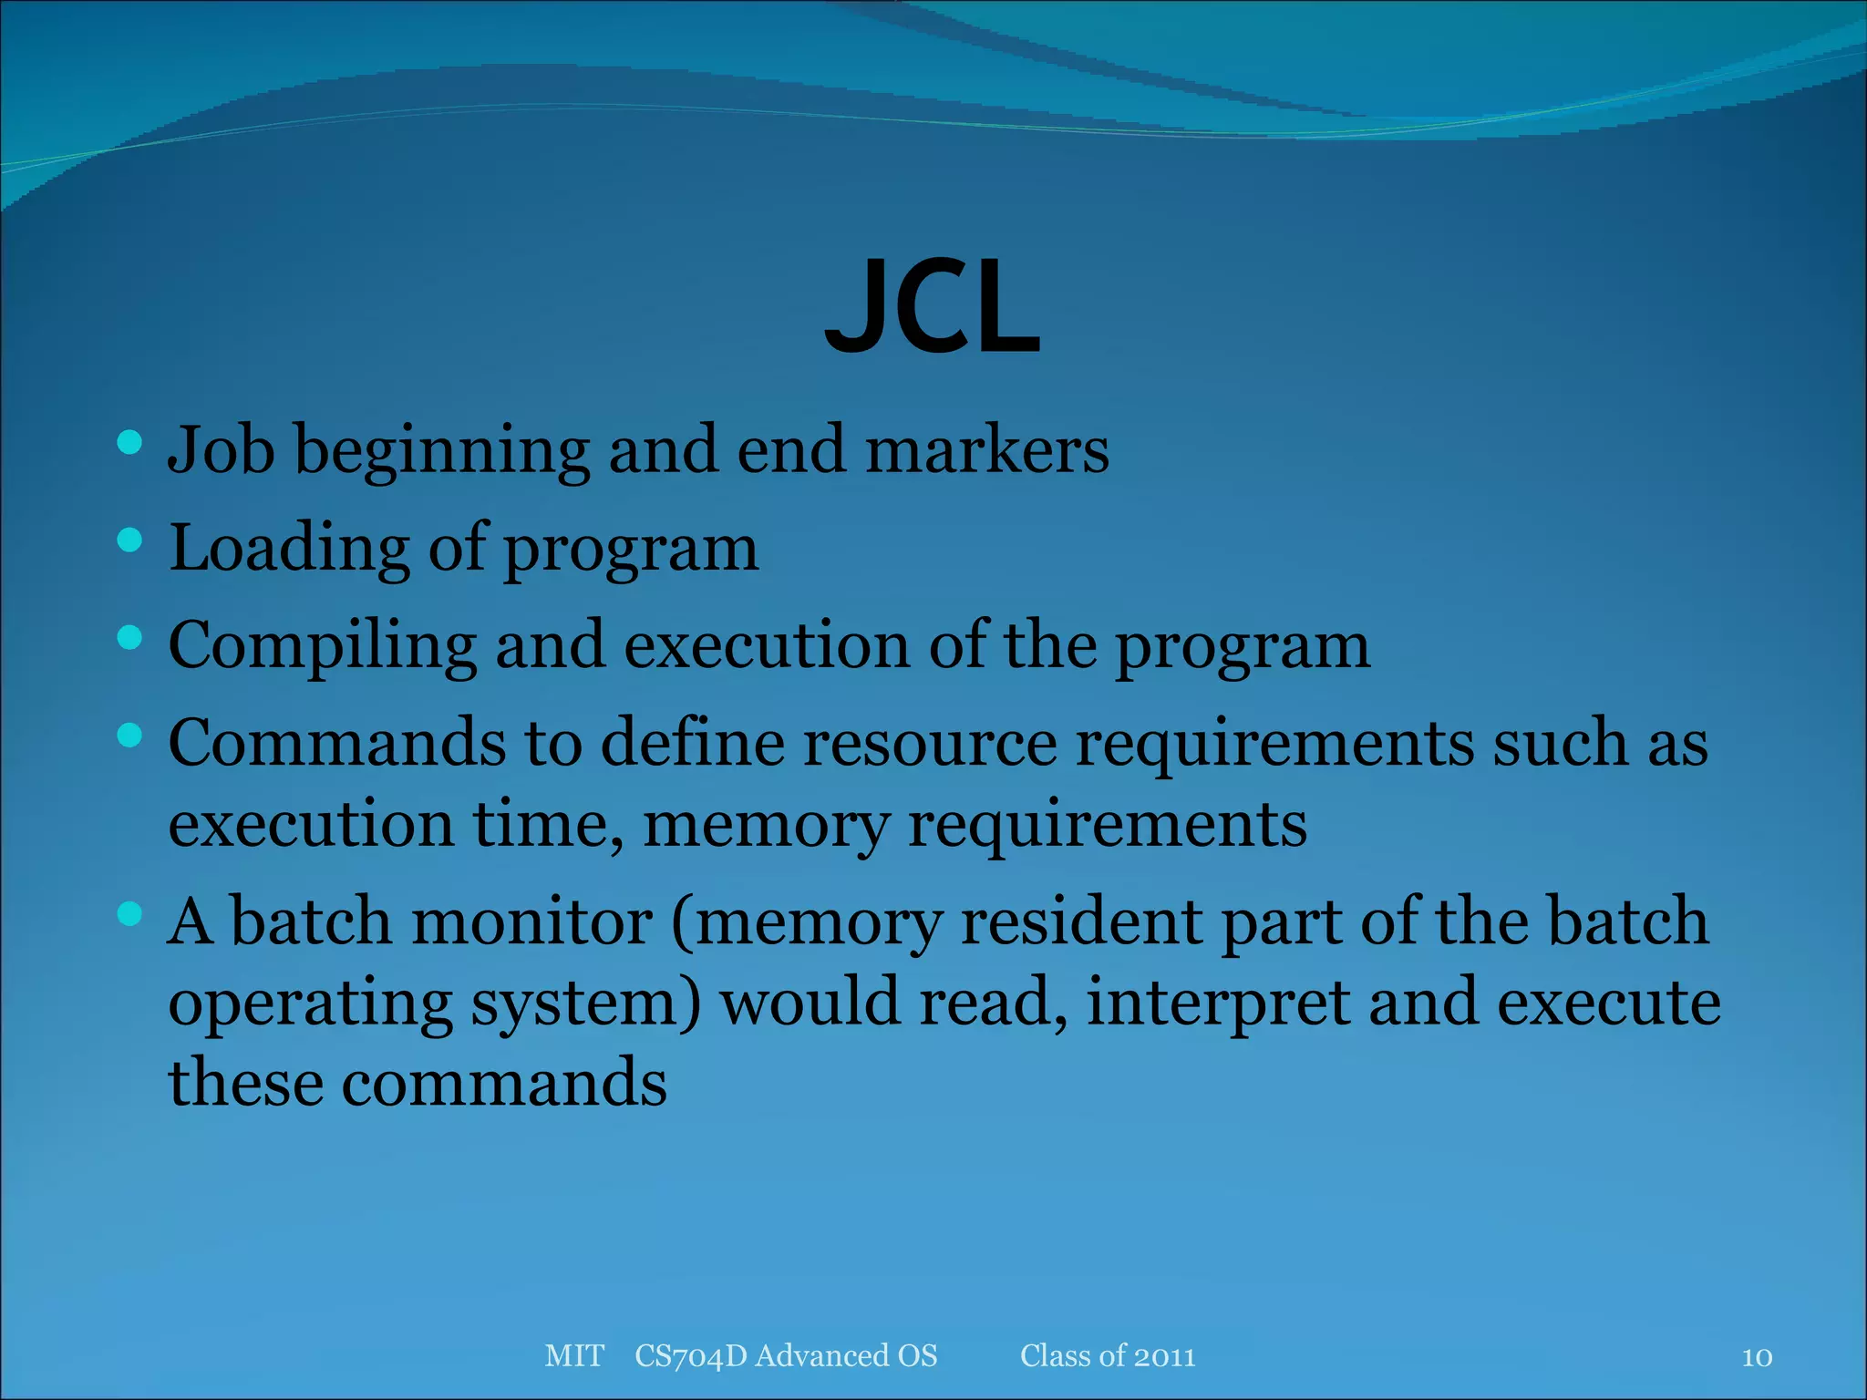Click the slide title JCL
pyautogui.click(x=932, y=308)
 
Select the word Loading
pyautogui.click(x=289, y=549)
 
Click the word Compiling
pyautogui.click(x=323, y=646)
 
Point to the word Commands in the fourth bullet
pyautogui.click(x=336, y=743)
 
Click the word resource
pyautogui.click(x=929, y=743)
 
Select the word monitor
pyautogui.click(x=532, y=921)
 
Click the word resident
pyautogui.click(x=1080, y=921)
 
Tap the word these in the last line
pyautogui.click(x=246, y=1083)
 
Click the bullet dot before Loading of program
pyautogui.click(x=130, y=540)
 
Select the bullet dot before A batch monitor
pyautogui.click(x=130, y=913)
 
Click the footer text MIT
pyautogui.click(x=574, y=1355)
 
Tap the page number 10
pyautogui.click(x=1757, y=1357)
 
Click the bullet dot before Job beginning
pyautogui.click(x=130, y=443)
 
